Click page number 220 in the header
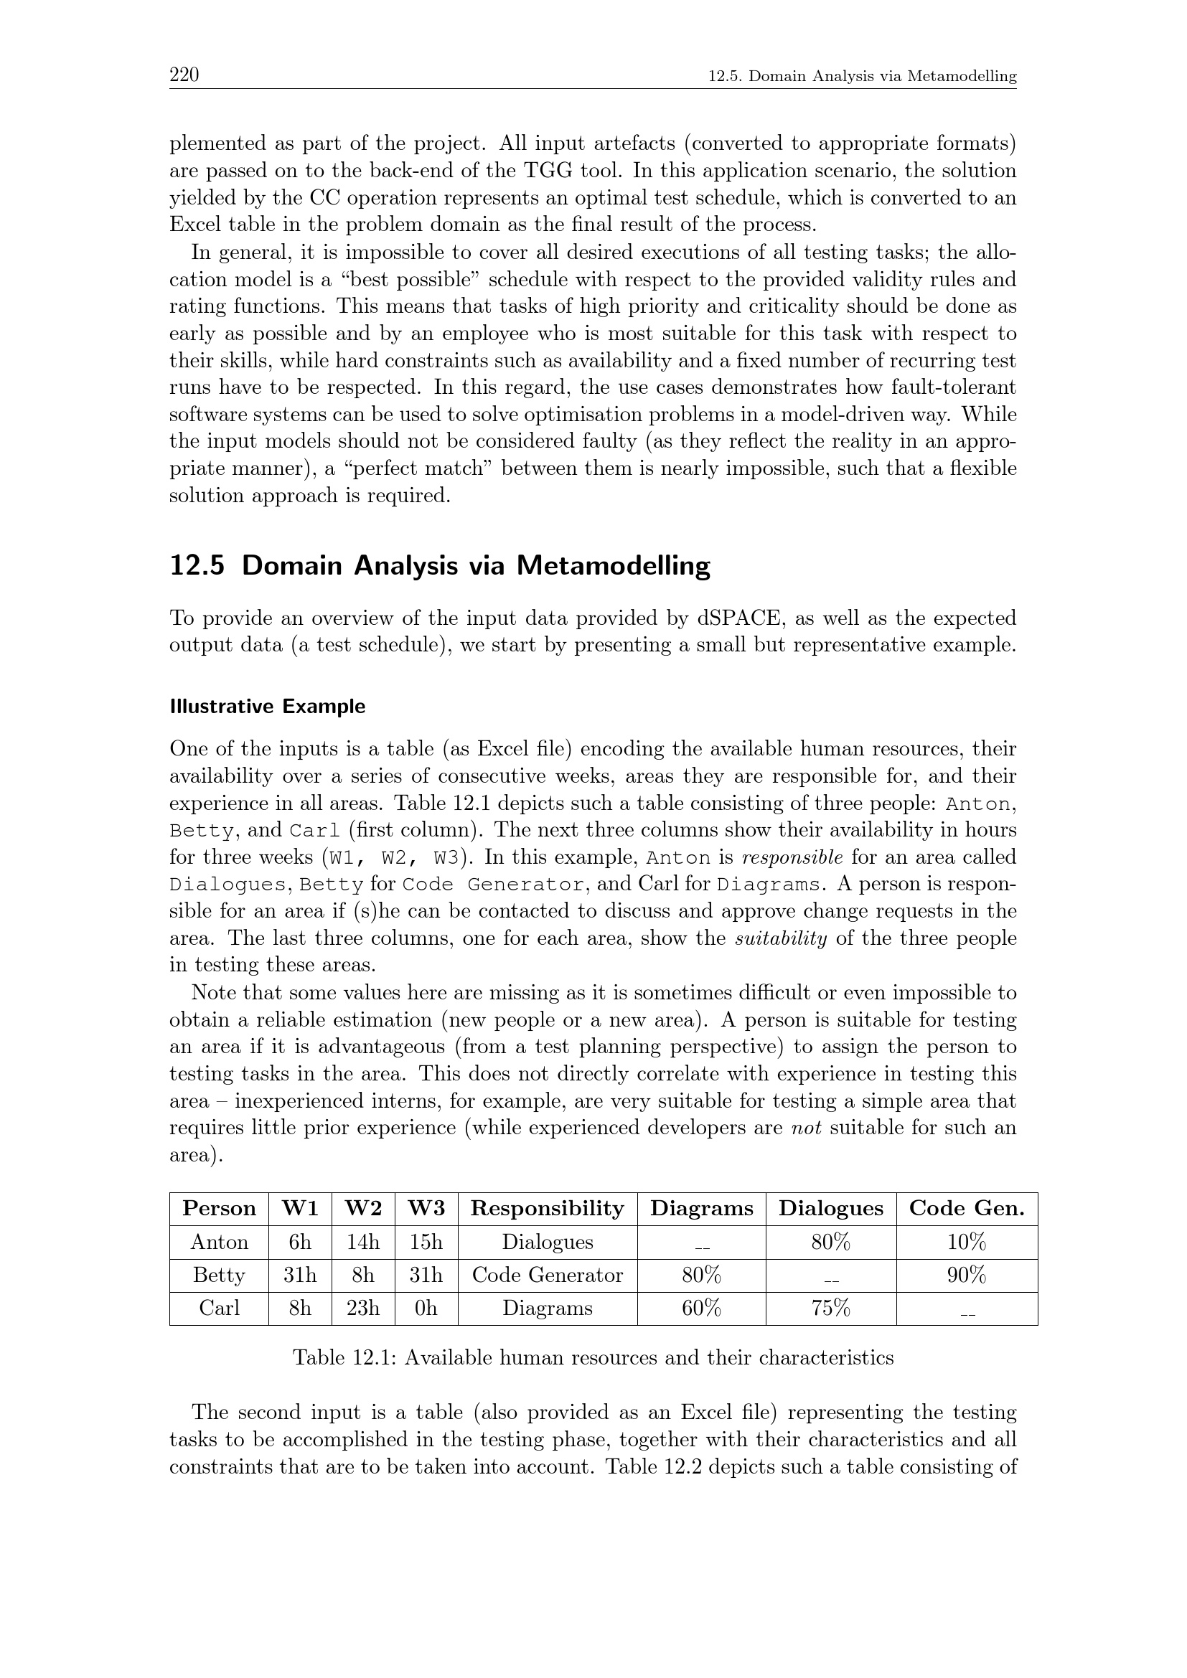184,75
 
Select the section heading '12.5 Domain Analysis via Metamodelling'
439,567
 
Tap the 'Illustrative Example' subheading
267,707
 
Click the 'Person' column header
219,1208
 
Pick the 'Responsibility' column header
547,1208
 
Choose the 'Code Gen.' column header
966,1208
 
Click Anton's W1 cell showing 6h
300,1242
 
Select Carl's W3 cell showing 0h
426,1308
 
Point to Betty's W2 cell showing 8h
362,1275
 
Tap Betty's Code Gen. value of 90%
966,1275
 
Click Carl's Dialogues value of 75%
830,1308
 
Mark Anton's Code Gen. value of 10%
966,1242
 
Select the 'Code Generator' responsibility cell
547,1275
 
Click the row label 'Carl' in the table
219,1308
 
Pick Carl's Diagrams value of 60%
701,1308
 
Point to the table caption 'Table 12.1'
593,1357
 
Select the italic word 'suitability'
782,938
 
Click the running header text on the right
863,75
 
